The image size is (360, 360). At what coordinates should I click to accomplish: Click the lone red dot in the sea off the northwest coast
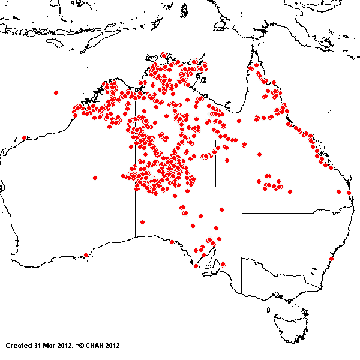click(56, 92)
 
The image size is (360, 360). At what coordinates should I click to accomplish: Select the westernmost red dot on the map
click(24, 137)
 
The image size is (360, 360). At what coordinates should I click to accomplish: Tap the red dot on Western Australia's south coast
click(86, 255)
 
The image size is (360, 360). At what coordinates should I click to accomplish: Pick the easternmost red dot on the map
click(349, 193)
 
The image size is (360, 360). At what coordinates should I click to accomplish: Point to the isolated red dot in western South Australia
click(142, 222)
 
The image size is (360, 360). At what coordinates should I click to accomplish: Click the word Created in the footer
click(19, 346)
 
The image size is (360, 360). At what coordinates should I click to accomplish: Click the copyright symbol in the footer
click(80, 346)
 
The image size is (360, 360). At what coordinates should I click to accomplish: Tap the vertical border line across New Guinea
click(242, 18)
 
